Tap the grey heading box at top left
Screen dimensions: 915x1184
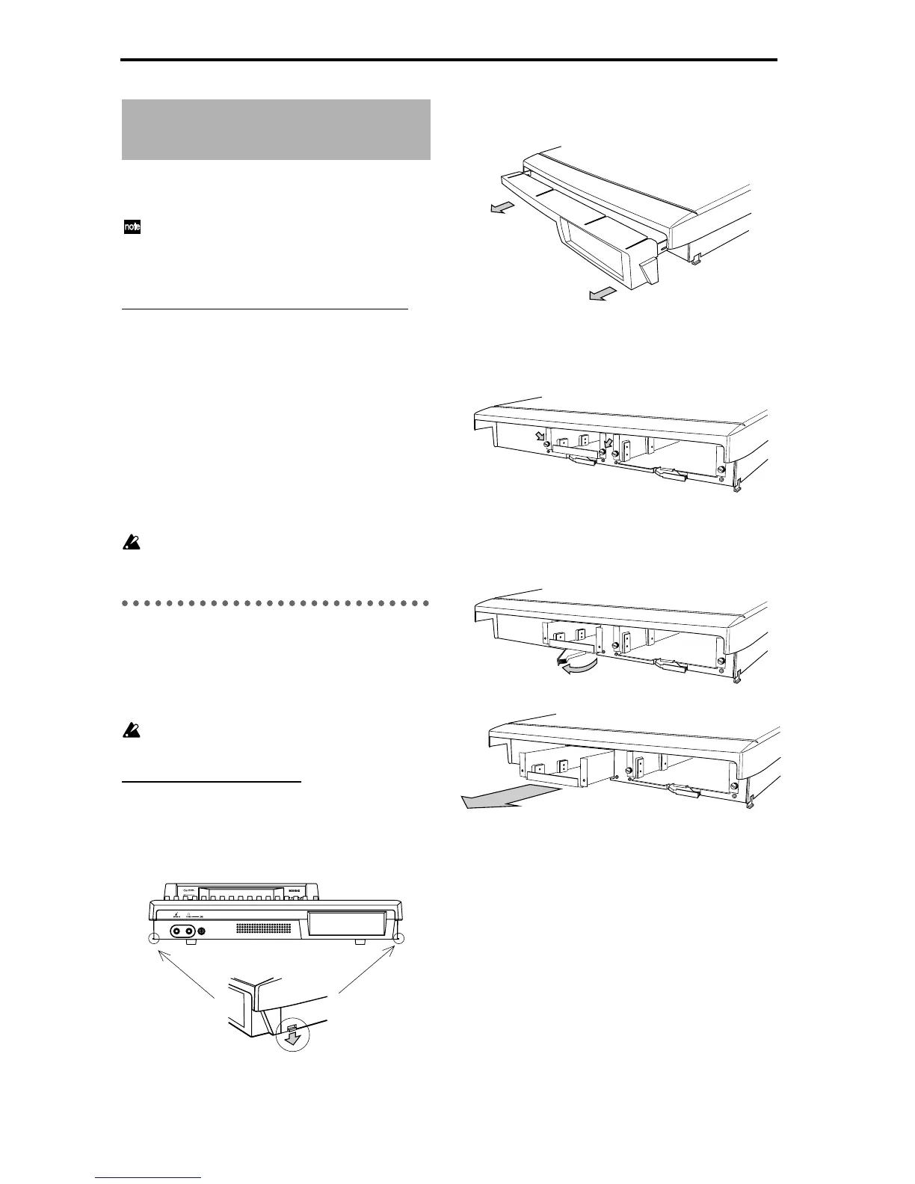[276, 129]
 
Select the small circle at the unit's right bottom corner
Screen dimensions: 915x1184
[398, 940]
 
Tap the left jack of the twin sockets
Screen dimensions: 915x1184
[179, 931]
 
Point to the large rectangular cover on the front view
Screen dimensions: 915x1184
[347, 925]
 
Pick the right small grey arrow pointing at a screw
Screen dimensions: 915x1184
[607, 435]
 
